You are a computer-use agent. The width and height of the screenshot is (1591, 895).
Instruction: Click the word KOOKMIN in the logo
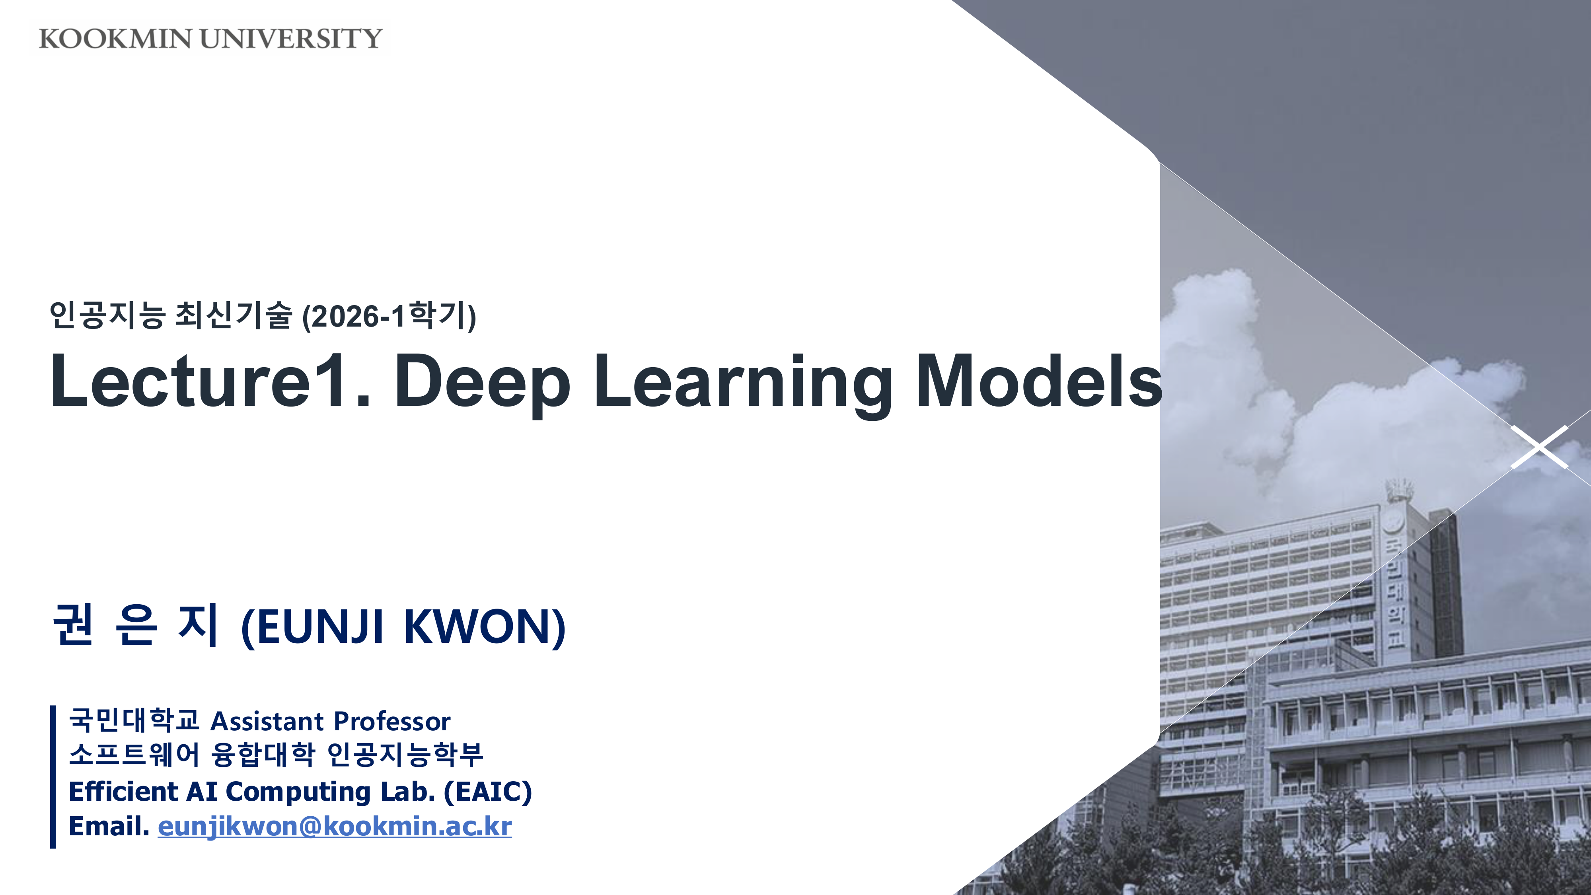click(x=115, y=39)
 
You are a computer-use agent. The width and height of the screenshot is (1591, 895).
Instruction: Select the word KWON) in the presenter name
click(x=485, y=627)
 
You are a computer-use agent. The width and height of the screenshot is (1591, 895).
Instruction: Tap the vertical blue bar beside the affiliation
click(x=53, y=776)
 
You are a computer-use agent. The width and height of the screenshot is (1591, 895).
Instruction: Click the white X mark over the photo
click(x=1539, y=447)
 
